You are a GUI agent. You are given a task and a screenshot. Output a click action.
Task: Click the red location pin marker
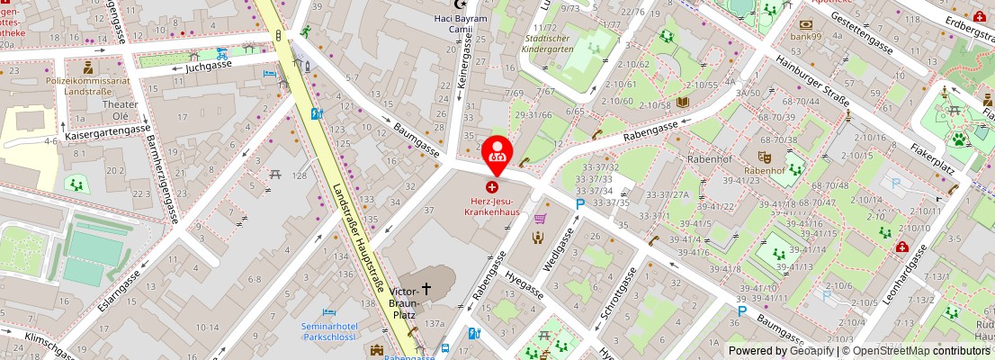tap(495, 154)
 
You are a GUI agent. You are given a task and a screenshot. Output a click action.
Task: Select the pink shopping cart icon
tap(541, 218)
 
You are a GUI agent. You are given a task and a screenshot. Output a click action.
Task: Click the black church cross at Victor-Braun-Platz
tap(426, 289)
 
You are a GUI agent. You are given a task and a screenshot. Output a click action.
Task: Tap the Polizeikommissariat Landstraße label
tap(87, 85)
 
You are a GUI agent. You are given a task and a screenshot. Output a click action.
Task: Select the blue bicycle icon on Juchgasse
tap(221, 52)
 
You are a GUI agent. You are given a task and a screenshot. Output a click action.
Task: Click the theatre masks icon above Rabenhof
tap(764, 157)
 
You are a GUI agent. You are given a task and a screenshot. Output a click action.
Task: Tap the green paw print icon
tap(960, 139)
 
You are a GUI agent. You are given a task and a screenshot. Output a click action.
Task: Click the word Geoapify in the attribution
tap(810, 351)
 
